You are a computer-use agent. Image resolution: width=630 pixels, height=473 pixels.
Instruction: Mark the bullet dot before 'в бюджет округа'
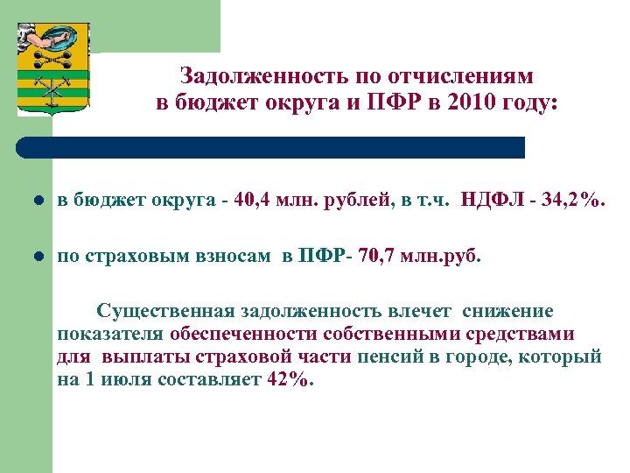coord(37,202)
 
